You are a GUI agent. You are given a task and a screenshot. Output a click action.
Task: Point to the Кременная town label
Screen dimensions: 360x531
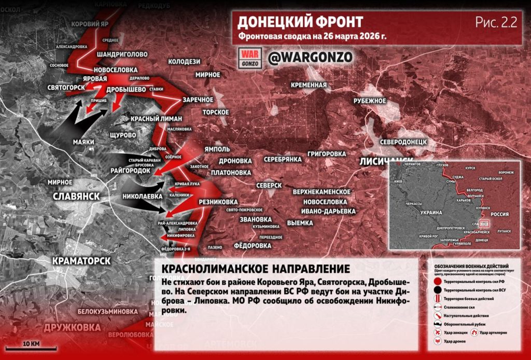pos(309,85)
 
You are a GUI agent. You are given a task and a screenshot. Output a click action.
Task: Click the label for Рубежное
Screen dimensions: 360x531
pos(370,101)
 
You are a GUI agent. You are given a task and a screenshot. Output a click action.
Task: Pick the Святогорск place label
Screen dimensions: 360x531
pos(66,87)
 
